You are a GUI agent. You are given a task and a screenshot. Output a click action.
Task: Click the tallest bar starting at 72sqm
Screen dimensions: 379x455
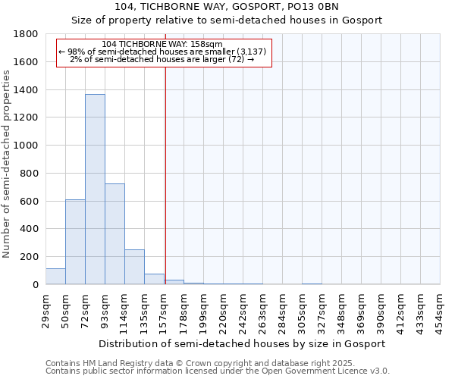95,189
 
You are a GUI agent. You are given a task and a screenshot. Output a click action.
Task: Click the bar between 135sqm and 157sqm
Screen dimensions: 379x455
154,279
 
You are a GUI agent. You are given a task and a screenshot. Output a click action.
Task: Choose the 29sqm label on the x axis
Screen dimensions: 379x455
46,308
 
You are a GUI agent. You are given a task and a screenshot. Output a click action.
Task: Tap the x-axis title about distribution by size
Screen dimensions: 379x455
242,343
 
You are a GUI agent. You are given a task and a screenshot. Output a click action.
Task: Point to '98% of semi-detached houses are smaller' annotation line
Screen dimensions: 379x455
162,52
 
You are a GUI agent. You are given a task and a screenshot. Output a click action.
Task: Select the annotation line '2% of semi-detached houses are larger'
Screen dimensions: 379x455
162,59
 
